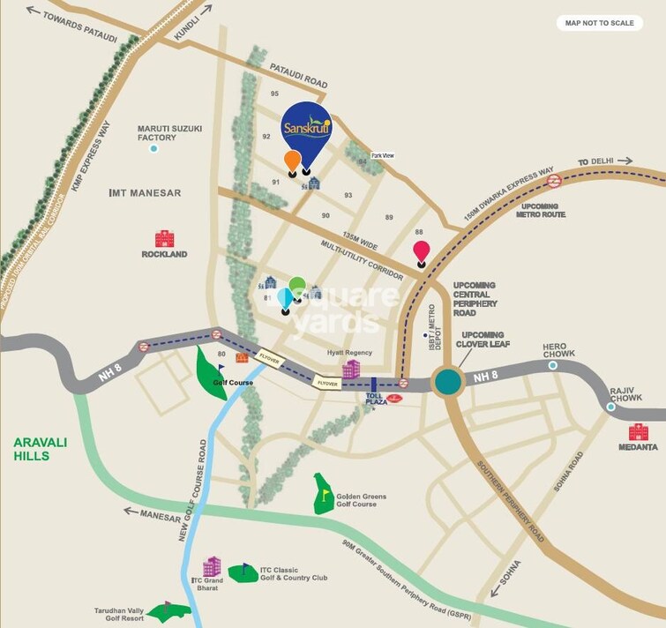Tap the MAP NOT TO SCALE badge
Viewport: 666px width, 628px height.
(599, 23)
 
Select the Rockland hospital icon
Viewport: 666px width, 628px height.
(164, 238)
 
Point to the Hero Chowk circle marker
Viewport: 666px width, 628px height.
(552, 365)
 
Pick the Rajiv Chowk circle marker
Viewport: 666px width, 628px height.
(610, 407)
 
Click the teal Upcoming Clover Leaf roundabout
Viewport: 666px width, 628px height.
(448, 382)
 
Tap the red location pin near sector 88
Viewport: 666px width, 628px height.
(422, 251)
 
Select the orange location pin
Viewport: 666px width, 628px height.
(292, 161)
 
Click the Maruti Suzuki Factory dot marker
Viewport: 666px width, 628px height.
(153, 148)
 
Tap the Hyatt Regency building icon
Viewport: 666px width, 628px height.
(351, 369)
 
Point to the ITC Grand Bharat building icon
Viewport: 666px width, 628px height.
(212, 566)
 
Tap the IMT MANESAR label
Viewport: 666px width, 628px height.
(145, 192)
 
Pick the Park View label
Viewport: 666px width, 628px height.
(382, 155)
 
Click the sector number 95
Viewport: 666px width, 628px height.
(275, 93)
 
